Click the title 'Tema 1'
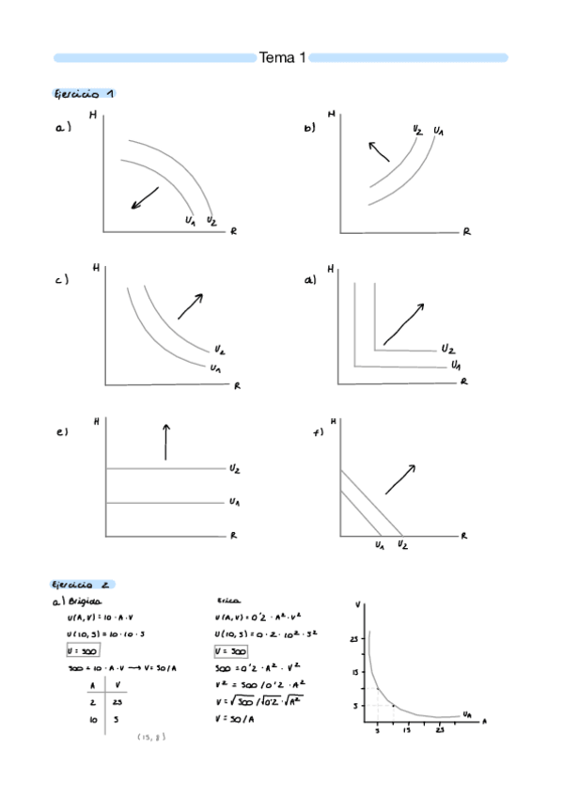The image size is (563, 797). click(282, 58)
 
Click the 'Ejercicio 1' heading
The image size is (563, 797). click(84, 94)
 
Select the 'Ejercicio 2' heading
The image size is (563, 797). click(84, 584)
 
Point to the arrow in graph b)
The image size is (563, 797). click(378, 150)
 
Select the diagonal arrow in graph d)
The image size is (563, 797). click(403, 322)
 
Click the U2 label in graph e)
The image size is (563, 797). click(234, 467)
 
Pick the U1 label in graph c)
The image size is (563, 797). click(216, 367)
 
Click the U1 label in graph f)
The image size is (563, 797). click(379, 544)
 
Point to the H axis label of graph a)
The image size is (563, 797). click(92, 116)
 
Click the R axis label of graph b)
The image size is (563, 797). click(466, 232)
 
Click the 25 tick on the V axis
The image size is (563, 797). click(353, 639)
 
